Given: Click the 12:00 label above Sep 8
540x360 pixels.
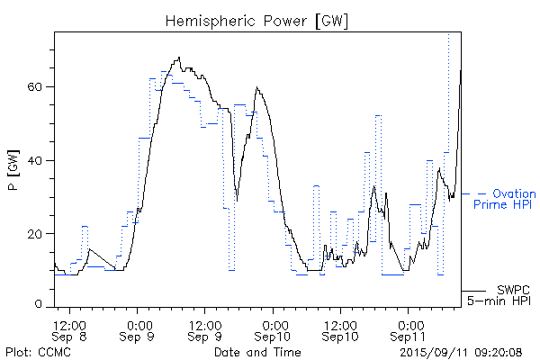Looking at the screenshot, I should pyautogui.click(x=70, y=323).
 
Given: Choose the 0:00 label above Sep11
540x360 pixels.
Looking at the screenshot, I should pyautogui.click(x=409, y=323).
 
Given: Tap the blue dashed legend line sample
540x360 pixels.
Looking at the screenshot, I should pyautogui.click(x=473, y=193).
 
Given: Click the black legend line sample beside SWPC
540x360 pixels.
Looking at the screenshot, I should pyautogui.click(x=473, y=292).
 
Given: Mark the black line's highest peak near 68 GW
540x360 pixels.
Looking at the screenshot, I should pyautogui.click(x=179, y=58).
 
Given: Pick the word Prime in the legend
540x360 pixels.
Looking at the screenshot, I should pyautogui.click(x=490, y=205).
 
